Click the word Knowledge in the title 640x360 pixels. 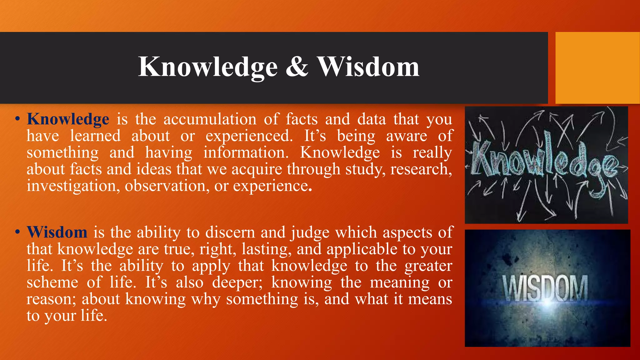(208, 67)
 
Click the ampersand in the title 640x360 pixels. (297, 67)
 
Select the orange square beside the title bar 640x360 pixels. (597, 68)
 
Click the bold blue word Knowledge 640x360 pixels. (68, 119)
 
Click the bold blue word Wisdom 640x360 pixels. (57, 232)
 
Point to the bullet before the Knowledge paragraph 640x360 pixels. (17, 119)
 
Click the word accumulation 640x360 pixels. (210, 119)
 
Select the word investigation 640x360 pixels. (73, 186)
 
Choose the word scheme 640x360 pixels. (52, 282)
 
